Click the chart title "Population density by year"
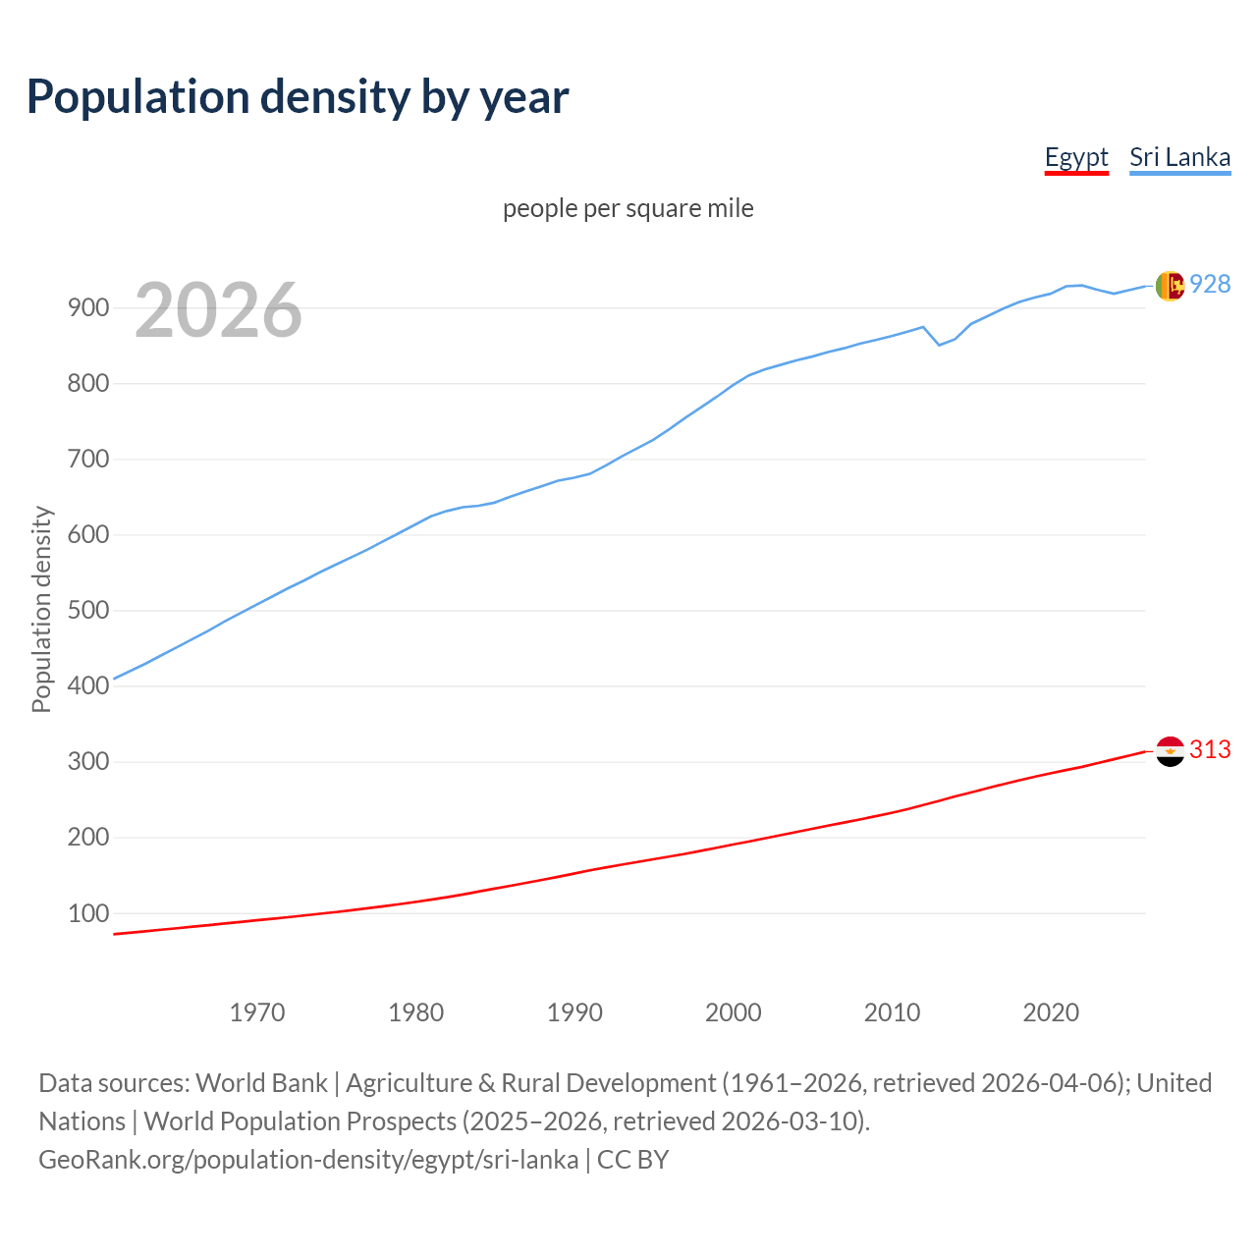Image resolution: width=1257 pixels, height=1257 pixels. coord(298,96)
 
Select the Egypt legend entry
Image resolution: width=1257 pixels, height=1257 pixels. coord(1076,157)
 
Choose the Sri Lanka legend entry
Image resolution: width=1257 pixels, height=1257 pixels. coord(1179,157)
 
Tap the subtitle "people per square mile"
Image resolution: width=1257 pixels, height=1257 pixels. coord(628,208)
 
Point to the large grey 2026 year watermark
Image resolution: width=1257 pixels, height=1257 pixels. coord(218,310)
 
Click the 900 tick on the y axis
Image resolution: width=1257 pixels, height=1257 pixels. coord(87,307)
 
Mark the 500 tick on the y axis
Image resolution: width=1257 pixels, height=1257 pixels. coord(87,610)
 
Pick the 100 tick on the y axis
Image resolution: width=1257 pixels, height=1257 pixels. coord(87,913)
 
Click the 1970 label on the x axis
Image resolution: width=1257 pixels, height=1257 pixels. coord(257,1011)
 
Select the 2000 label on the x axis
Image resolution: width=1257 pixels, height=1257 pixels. coord(734,1011)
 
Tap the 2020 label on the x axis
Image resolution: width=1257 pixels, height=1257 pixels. coord(1051,1011)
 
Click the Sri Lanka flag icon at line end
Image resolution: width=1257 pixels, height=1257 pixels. coord(1170,286)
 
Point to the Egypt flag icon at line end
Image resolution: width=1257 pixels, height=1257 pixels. coord(1170,751)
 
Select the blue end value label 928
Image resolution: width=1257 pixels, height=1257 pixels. coord(1210,284)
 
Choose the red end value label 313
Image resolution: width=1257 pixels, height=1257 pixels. coord(1210,749)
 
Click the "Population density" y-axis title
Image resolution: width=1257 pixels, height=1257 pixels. coord(41,609)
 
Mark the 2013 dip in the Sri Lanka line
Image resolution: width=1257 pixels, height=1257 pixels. coord(939,345)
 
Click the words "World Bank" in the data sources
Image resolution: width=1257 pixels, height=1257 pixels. coord(261,1083)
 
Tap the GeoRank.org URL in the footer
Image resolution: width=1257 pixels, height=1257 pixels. coord(308,1160)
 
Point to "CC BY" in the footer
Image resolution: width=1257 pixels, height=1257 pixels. coord(632,1160)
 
